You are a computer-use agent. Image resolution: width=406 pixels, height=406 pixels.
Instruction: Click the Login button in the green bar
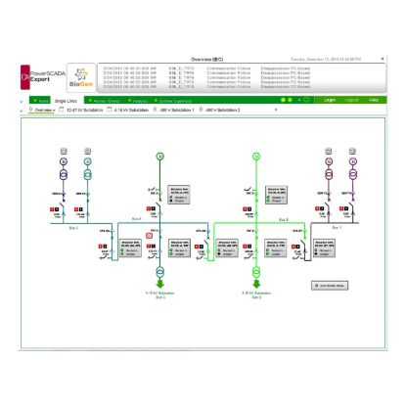(331, 99)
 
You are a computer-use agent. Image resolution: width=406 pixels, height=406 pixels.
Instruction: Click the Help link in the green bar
(373, 99)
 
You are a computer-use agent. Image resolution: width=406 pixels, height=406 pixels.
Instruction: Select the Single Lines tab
(67, 100)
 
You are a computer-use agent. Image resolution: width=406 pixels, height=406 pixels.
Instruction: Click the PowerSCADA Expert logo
(40, 72)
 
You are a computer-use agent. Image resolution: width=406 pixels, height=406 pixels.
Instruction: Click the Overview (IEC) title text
(207, 60)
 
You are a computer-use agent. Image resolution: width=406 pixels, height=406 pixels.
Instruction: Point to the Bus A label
(137, 219)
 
